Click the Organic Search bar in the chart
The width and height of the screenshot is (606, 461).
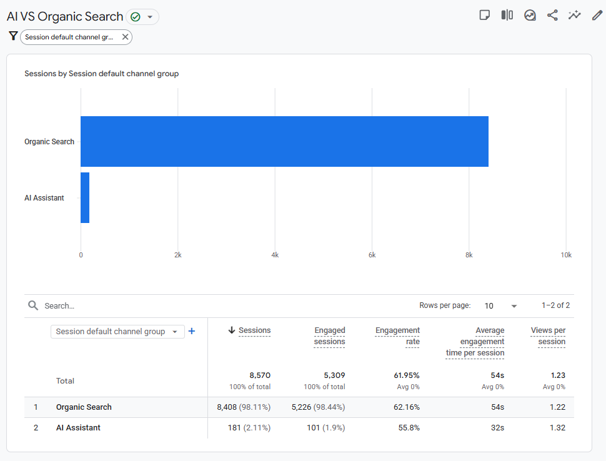(284, 141)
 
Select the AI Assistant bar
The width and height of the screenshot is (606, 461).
(85, 197)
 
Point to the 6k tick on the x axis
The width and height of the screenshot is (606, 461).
(372, 255)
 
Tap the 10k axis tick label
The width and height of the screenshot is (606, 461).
(566, 255)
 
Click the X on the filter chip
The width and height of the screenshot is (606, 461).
(125, 37)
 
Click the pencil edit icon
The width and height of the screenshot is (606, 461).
(597, 15)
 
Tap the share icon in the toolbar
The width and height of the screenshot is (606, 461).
(552, 15)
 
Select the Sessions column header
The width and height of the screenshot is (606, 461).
(255, 330)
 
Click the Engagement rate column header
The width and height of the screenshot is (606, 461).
(397, 336)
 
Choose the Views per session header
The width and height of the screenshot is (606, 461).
(548, 336)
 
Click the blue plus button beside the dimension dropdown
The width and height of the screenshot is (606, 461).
(192, 331)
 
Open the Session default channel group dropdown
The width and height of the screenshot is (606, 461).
(117, 332)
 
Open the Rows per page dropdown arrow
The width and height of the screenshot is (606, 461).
(514, 306)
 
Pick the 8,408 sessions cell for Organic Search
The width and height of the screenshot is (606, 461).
(244, 407)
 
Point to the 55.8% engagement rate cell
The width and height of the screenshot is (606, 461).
(409, 428)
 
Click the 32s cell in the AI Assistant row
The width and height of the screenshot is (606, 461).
(497, 428)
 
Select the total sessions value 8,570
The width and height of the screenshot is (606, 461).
(260, 375)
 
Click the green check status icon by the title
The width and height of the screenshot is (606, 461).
(136, 17)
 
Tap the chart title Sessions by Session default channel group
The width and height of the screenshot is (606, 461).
(102, 74)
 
